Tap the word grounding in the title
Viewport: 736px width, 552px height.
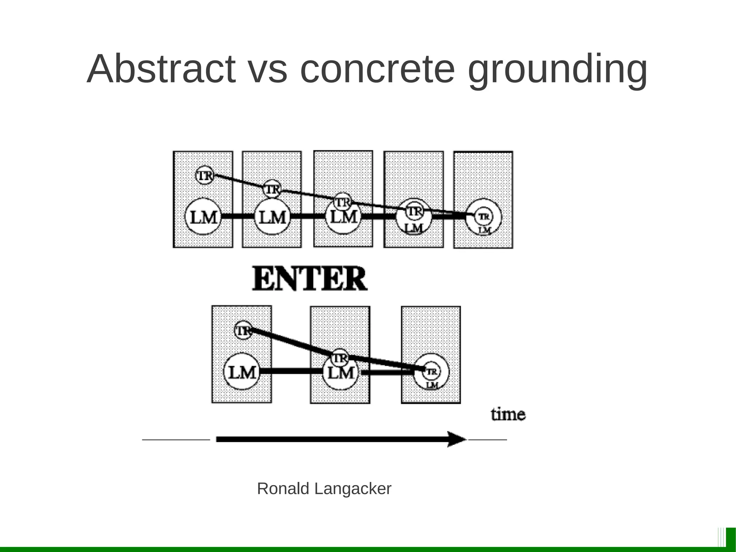coord(558,70)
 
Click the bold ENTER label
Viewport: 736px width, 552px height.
coord(310,279)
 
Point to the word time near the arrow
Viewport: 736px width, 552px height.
coord(508,415)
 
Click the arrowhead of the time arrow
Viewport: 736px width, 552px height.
coord(456,439)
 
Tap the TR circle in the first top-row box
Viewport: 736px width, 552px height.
coord(204,175)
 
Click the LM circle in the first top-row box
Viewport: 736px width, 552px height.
coord(203,217)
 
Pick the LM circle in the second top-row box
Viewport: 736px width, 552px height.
coord(272,217)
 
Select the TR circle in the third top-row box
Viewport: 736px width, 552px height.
coord(342,202)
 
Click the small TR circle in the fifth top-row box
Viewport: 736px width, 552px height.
coord(484,216)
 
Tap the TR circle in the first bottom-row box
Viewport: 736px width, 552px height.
coord(243,330)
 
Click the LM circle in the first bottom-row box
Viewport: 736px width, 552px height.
coord(242,372)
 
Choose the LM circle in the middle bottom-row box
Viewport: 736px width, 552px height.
coord(340,373)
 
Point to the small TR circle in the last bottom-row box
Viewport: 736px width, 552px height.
coord(431,371)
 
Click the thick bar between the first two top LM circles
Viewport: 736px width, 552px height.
coord(238,216)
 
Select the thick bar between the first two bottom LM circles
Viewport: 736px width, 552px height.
coord(291,372)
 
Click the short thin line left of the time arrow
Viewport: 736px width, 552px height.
coord(176,439)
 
